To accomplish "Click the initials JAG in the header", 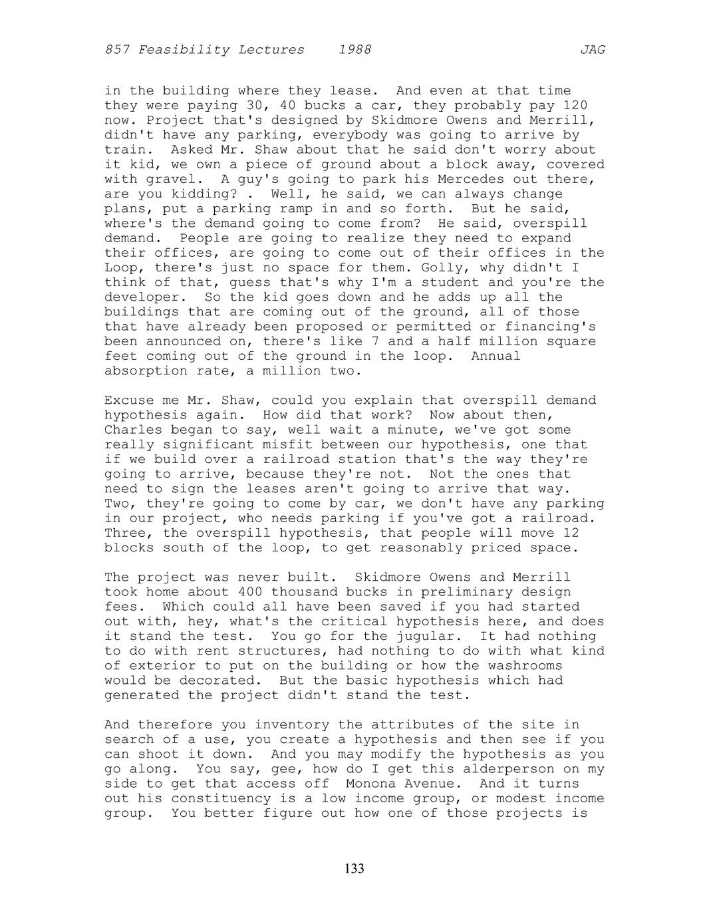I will coord(592,50).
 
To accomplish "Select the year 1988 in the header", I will coord(354,50).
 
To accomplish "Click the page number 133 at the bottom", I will coord(354,869).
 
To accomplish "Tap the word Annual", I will coord(496,357).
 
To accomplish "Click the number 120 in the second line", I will coord(575,106).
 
